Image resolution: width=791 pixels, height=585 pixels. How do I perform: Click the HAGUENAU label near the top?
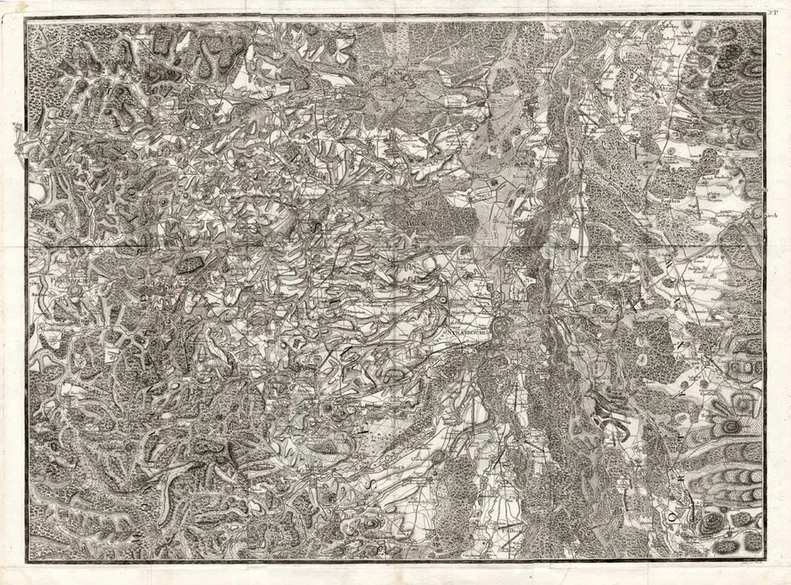click(x=395, y=76)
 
